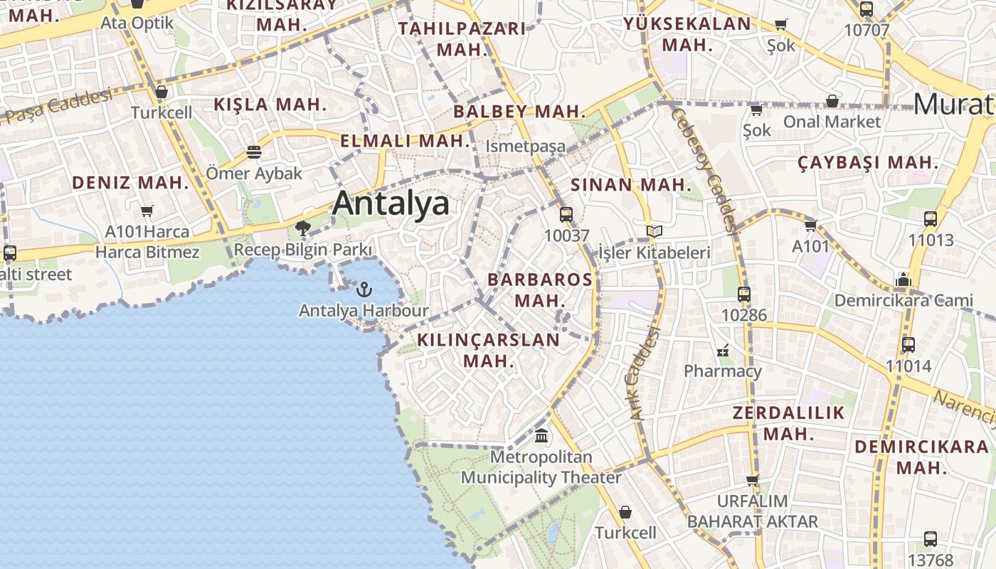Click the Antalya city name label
coord(391,203)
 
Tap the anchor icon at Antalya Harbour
coord(364,289)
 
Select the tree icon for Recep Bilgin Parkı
coord(303,228)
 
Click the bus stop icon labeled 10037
coord(566,214)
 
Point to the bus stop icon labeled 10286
coord(744,294)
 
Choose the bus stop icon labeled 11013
coord(931,219)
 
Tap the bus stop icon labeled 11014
coord(908,345)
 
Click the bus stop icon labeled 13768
coord(931,539)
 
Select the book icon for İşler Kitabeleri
coord(655,232)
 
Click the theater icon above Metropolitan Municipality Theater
coord(541,435)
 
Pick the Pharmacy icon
coord(723,350)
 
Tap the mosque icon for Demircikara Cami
coord(904,280)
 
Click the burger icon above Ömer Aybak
coord(254,151)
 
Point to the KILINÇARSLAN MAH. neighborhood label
coord(488,350)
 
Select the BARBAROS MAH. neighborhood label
coord(539,289)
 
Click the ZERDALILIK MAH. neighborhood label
coord(788,423)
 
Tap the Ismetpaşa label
coord(526,147)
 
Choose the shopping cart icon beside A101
coord(810,226)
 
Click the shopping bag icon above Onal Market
coord(832,101)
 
